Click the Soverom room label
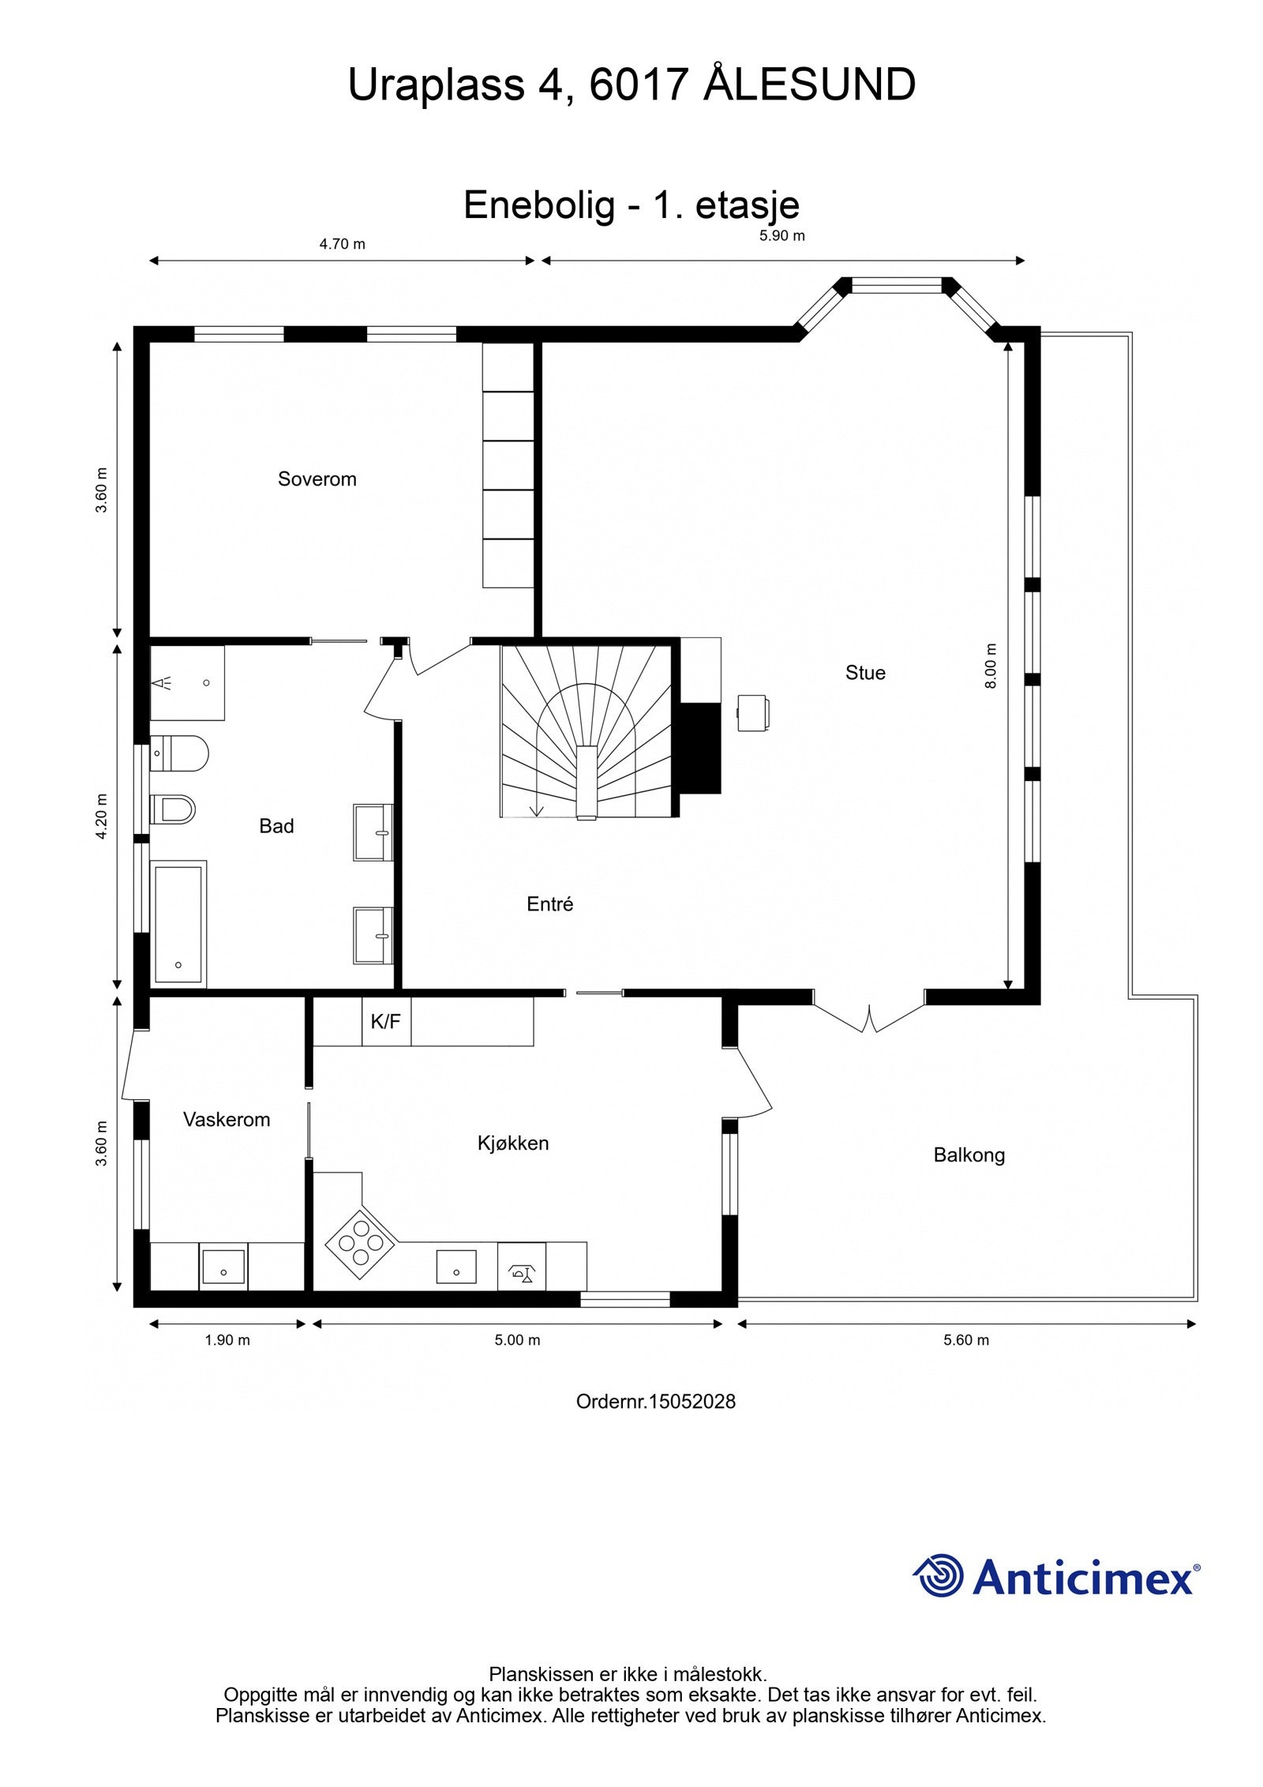(317, 479)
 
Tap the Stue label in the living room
(865, 672)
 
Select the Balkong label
(969, 1154)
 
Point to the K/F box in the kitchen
(386, 1022)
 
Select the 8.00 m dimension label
(991, 666)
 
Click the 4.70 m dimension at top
(342, 244)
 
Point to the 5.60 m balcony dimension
(966, 1339)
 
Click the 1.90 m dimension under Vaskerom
(227, 1339)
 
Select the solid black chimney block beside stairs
(700, 747)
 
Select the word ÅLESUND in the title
(808, 84)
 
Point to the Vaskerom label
(227, 1119)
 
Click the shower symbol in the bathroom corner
(163, 682)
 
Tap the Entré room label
(549, 904)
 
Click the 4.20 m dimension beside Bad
(101, 816)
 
